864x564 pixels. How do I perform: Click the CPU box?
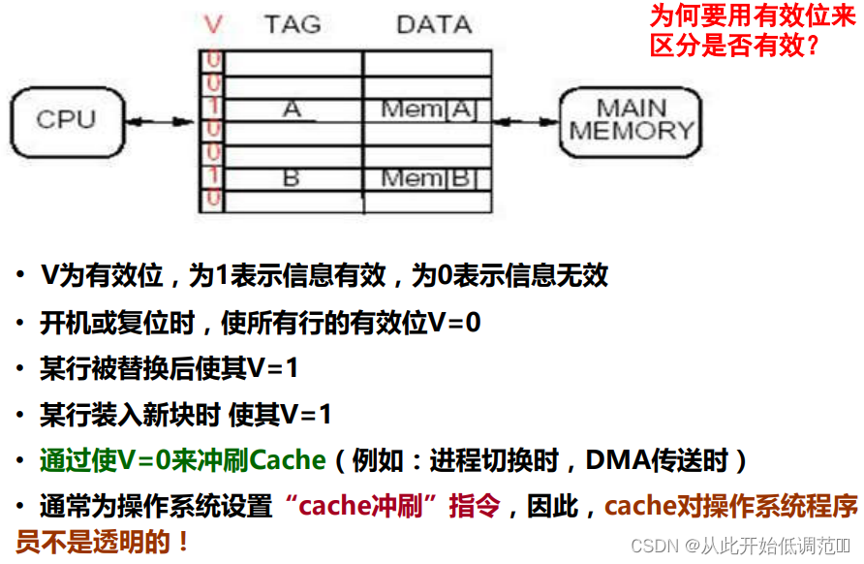(66, 120)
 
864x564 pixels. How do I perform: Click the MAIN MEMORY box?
(632, 120)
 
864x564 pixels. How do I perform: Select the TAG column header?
(293, 24)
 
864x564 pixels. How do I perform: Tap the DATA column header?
(433, 24)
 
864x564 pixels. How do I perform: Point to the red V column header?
(213, 24)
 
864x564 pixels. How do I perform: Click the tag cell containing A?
(293, 110)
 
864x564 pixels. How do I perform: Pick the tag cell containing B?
(292, 178)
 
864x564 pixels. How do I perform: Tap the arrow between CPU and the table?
(163, 121)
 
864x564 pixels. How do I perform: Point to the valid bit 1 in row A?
(212, 110)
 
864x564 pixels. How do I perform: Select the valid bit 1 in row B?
(212, 178)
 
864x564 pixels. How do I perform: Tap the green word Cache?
(289, 460)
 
